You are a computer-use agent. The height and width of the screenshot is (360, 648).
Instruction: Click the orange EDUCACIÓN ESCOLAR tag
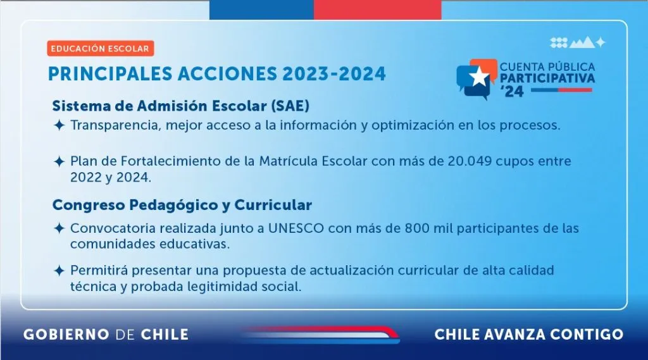pyautogui.click(x=101, y=48)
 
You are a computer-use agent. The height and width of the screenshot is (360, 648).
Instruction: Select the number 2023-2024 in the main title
pyautogui.click(x=334, y=74)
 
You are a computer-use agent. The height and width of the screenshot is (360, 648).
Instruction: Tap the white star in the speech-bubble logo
pyautogui.click(x=478, y=77)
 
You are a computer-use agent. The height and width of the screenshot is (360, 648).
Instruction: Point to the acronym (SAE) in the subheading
pyautogui.click(x=290, y=106)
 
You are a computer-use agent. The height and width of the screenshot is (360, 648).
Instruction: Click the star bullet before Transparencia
pyautogui.click(x=59, y=125)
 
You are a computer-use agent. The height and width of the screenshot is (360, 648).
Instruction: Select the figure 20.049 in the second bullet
pyautogui.click(x=470, y=161)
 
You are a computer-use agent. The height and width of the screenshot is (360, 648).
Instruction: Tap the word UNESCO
pyautogui.click(x=296, y=228)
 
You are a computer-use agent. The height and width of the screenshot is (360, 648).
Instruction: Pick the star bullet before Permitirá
pyautogui.click(x=59, y=271)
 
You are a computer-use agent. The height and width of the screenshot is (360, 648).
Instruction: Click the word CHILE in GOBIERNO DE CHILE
pyautogui.click(x=165, y=334)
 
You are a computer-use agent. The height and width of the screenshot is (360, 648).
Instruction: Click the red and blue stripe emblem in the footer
pyautogui.click(x=319, y=335)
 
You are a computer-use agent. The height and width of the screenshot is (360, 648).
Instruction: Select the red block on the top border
pyautogui.click(x=377, y=9)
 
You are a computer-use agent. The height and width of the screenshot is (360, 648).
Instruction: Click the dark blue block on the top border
pyautogui.click(x=261, y=9)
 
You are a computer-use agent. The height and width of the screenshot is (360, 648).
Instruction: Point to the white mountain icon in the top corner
pyautogui.click(x=582, y=42)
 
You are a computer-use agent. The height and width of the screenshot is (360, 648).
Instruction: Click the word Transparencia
pyautogui.click(x=115, y=125)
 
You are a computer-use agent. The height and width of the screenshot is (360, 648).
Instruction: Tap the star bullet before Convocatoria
pyautogui.click(x=59, y=228)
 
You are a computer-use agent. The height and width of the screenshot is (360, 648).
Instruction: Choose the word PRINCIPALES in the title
pyautogui.click(x=110, y=74)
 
